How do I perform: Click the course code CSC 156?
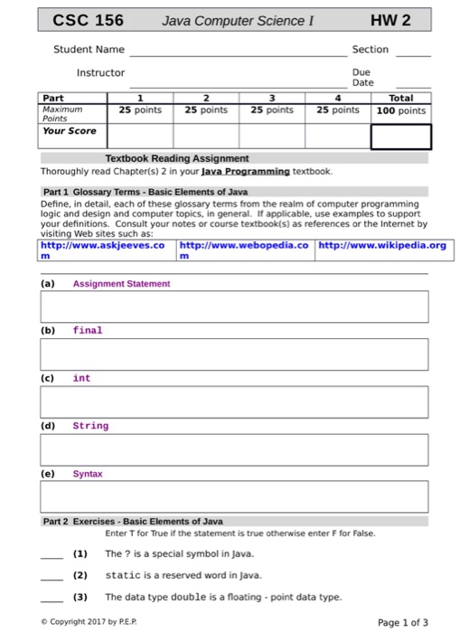(x=88, y=20)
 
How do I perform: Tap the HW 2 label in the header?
(x=389, y=20)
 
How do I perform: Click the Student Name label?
(x=89, y=50)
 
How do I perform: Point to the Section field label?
(x=371, y=50)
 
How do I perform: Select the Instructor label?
(x=100, y=72)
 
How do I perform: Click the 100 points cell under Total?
(x=399, y=110)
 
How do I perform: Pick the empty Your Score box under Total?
(x=399, y=136)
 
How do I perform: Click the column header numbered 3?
(x=271, y=98)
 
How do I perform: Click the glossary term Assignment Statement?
(x=121, y=284)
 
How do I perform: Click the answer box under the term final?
(x=233, y=354)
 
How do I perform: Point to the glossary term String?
(x=90, y=426)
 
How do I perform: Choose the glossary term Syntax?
(x=88, y=474)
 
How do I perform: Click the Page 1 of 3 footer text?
(x=403, y=622)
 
